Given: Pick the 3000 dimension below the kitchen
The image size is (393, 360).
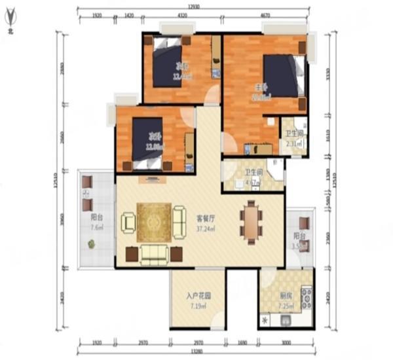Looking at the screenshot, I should (286, 342).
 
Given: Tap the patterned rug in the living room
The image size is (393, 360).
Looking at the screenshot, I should (154, 223).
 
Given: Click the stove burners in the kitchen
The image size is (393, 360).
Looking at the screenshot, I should (306, 298).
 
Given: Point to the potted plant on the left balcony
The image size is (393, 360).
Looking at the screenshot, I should (90, 244).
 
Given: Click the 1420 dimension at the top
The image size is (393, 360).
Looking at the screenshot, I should (129, 14).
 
